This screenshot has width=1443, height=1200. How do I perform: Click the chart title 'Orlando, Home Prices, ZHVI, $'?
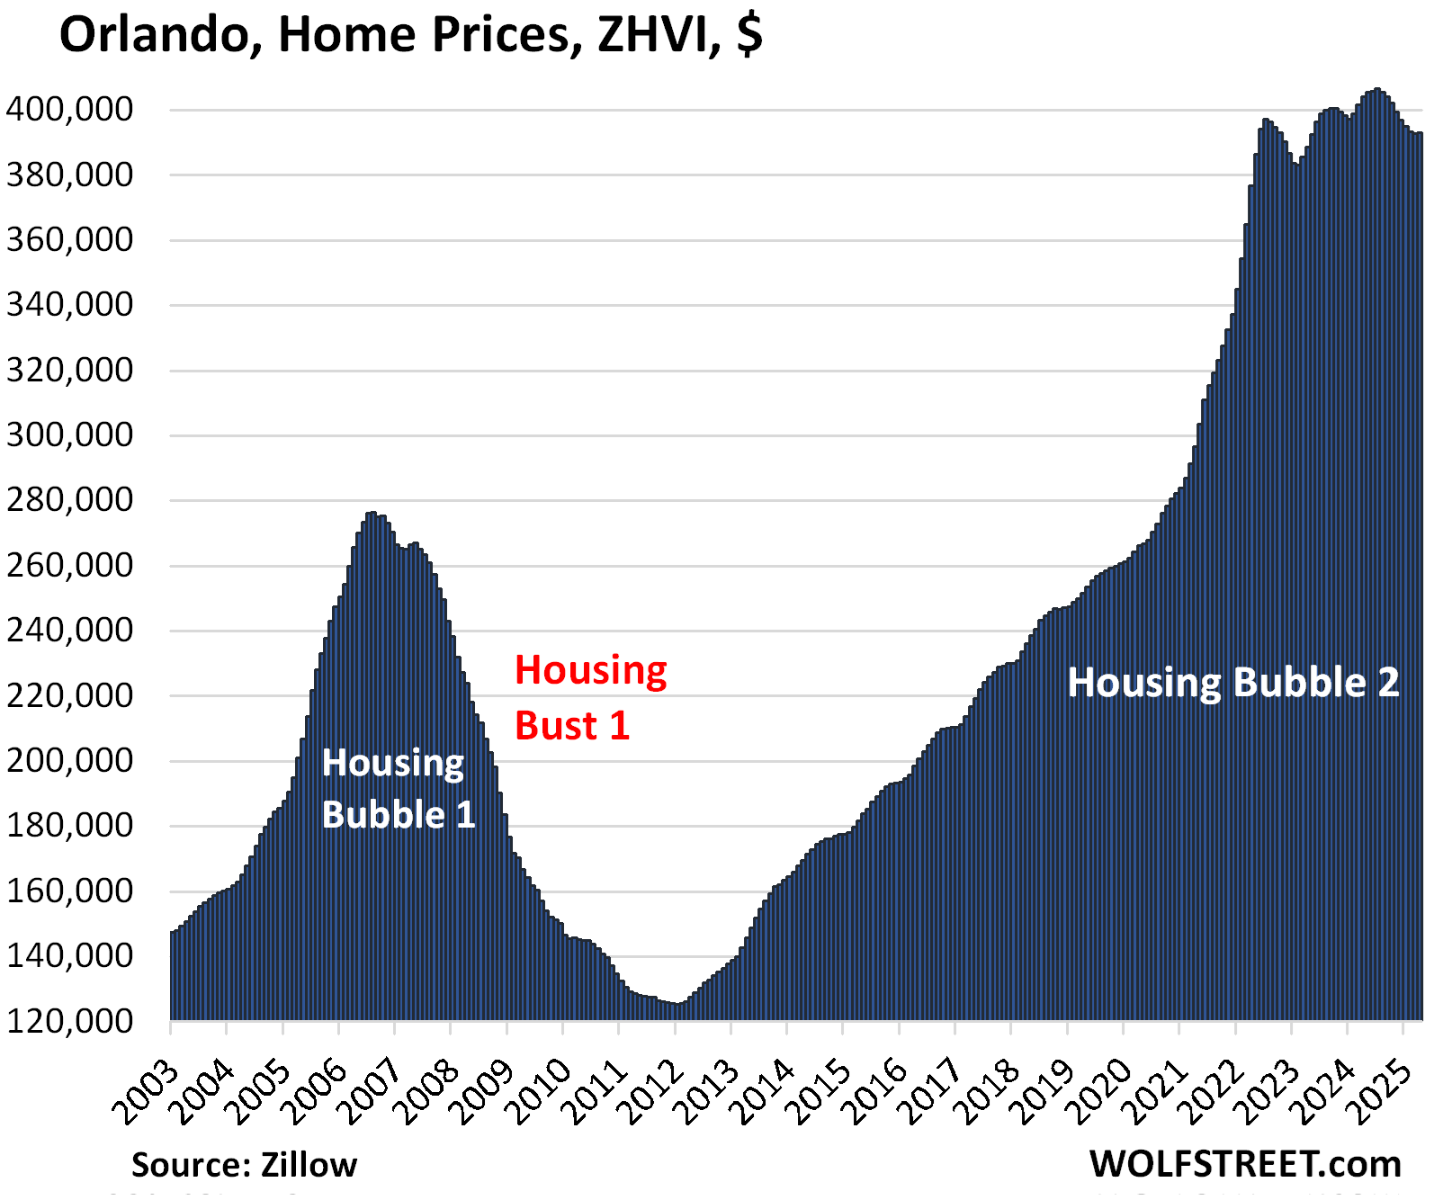410,36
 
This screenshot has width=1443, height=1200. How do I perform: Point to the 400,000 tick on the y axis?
69,110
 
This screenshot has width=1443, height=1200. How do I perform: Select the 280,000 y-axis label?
69,500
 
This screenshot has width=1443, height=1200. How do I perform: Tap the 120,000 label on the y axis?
69,1021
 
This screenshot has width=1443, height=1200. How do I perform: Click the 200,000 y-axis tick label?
69,761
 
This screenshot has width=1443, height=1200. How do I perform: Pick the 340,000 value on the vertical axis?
69,305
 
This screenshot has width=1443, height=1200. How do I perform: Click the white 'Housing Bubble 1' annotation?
398,789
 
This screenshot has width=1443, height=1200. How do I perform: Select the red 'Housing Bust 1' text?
589,698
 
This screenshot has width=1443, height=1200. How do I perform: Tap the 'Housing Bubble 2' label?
1232,683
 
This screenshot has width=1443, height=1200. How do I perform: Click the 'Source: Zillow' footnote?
244,1165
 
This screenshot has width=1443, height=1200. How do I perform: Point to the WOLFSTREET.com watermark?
1245,1164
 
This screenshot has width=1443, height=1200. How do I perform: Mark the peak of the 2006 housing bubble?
372,514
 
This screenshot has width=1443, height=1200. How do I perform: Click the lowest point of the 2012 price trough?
677,1004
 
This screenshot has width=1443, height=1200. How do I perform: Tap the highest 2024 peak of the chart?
1376,90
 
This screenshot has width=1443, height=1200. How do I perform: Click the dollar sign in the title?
748,36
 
